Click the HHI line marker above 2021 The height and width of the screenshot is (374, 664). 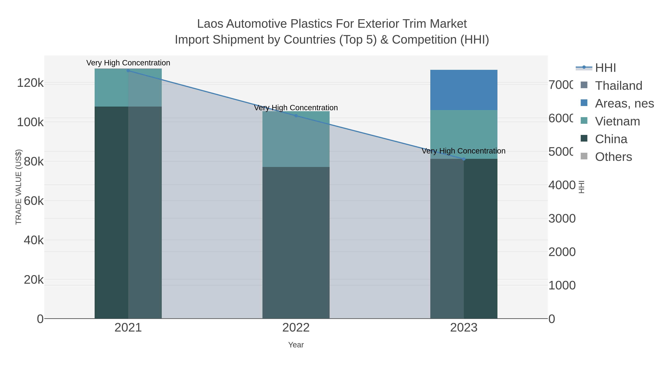[128, 71]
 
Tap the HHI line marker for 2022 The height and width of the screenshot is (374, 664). [296, 116]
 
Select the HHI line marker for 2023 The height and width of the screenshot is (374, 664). [464, 159]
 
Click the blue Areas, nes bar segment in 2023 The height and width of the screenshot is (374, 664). [464, 90]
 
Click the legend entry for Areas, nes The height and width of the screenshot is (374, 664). [624, 103]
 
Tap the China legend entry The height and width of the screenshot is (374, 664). [611, 139]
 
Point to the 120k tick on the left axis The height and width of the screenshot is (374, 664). [30, 83]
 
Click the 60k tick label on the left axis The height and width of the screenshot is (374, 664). [34, 201]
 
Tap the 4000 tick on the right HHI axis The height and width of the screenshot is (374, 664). [562, 185]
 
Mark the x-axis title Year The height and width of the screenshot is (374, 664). [296, 345]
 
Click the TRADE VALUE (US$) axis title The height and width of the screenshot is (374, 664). [19, 187]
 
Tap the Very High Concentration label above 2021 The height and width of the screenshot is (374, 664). [128, 63]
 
